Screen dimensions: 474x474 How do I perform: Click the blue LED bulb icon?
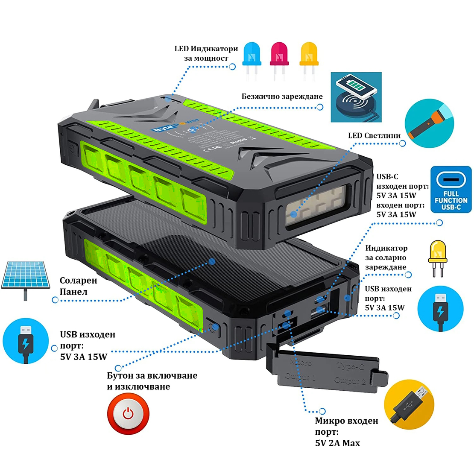click(x=252, y=60)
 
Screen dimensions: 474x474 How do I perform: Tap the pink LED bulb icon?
click(x=279, y=60)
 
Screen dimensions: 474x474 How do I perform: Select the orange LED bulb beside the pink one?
click(x=309, y=60)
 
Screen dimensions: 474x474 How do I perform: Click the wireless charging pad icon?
click(x=356, y=97)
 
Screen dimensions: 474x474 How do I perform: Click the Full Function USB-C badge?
click(x=451, y=190)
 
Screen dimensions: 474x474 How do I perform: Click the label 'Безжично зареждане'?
click(x=282, y=97)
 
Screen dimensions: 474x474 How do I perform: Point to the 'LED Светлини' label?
click(x=374, y=136)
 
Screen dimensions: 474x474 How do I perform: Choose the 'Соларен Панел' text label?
click(x=79, y=286)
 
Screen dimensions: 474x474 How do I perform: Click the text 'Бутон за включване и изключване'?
click(x=152, y=381)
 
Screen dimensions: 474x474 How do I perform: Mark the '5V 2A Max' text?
click(x=337, y=443)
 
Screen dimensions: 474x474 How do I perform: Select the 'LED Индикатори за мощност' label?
click(x=206, y=53)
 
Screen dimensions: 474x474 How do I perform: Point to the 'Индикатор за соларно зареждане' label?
click(x=386, y=257)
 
